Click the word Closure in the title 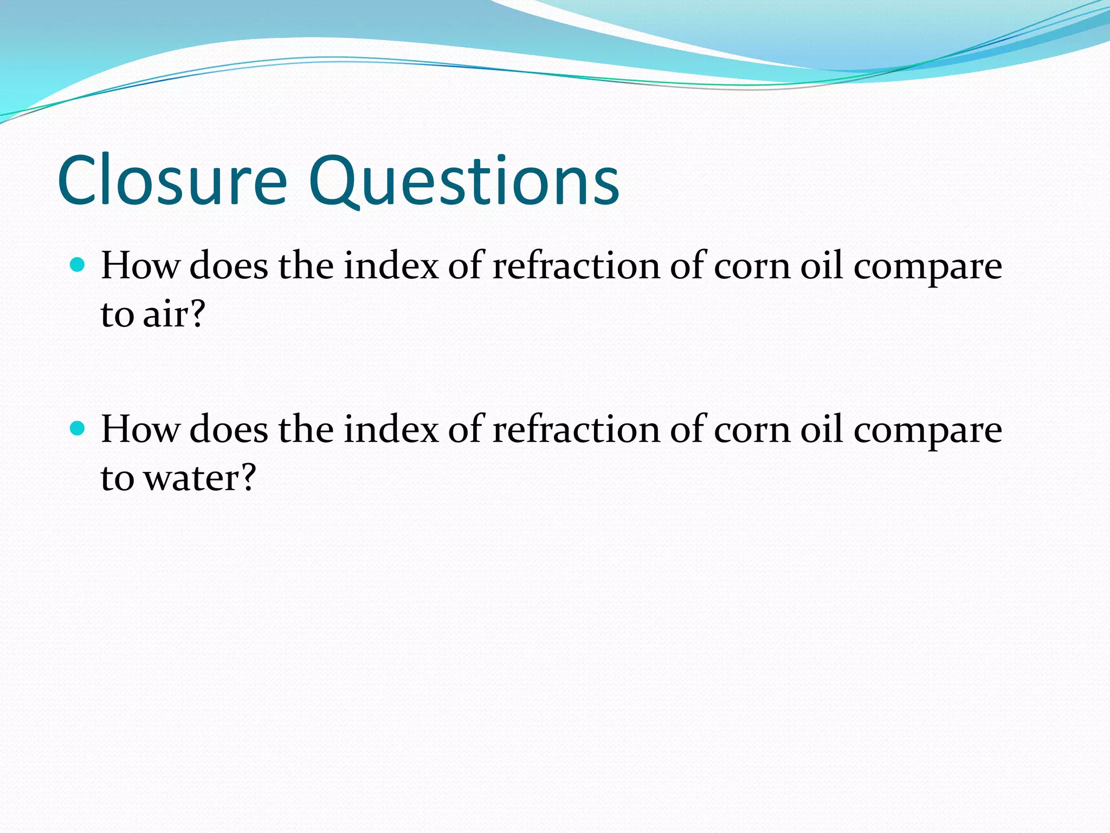coord(172,181)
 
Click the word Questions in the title coord(464,181)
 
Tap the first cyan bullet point coord(78,265)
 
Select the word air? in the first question coord(174,314)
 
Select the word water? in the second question coord(199,478)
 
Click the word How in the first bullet coord(140,266)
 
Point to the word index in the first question coord(391,266)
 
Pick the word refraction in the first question coord(576,266)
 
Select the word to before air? coord(117,315)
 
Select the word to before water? coord(117,479)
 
